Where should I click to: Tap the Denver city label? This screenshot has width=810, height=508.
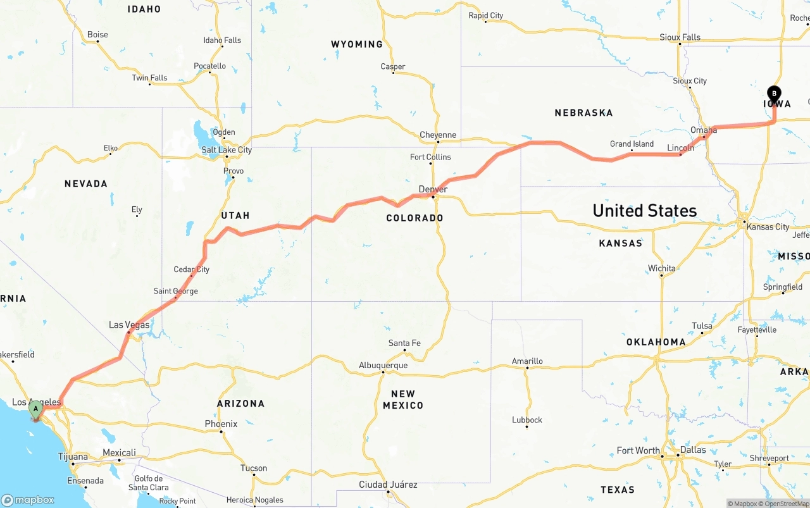[433, 189]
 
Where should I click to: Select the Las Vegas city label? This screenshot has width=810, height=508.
[129, 325]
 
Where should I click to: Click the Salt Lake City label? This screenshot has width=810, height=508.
[227, 149]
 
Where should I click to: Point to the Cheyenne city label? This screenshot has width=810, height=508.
[438, 135]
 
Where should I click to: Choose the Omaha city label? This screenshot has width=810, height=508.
[704, 130]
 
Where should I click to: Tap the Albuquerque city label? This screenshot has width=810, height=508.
[383, 365]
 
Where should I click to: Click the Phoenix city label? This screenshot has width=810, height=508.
[221, 423]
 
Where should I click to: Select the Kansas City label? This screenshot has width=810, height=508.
[768, 226]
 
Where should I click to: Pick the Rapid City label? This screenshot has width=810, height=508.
[485, 15]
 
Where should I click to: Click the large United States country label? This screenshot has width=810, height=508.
[644, 210]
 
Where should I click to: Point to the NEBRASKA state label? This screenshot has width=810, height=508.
[583, 113]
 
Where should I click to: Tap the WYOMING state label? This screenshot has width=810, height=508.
[357, 44]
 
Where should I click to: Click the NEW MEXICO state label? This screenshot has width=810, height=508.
[402, 399]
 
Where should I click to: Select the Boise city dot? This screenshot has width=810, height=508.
[97, 42]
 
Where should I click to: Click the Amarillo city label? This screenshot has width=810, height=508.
[527, 361]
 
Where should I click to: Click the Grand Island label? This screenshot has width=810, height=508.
[632, 144]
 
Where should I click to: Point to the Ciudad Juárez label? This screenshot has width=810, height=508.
[388, 484]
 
